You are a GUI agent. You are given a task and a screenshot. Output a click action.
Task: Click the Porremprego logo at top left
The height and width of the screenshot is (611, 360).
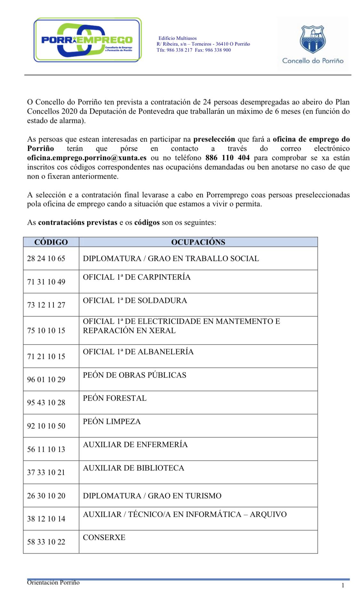(x=87, y=40)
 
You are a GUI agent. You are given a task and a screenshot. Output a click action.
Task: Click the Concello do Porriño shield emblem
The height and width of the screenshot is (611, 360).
(x=312, y=40)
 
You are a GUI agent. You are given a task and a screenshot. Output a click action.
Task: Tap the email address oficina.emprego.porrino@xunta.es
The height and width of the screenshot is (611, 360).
(x=87, y=158)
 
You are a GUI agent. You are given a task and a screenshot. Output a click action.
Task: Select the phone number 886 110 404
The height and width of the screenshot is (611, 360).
(x=227, y=158)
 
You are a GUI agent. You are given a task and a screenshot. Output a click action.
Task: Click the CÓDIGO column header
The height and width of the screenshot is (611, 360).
(x=51, y=242)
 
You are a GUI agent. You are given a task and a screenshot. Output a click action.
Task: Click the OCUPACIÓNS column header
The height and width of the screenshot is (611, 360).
(x=198, y=242)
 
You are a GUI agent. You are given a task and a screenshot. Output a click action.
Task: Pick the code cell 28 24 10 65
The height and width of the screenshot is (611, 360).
(x=46, y=258)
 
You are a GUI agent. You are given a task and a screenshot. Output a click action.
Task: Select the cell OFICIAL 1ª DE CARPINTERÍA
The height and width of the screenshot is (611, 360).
(x=137, y=277)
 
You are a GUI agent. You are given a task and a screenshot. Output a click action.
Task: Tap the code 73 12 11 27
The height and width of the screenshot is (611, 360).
(x=46, y=305)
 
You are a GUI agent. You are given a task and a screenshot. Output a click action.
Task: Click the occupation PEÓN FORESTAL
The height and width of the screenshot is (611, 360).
(x=115, y=398)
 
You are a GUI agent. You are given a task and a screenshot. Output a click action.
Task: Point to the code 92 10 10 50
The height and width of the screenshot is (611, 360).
(x=46, y=426)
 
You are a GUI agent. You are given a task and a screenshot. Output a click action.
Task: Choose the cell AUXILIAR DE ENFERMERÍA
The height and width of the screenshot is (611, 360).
(x=135, y=444)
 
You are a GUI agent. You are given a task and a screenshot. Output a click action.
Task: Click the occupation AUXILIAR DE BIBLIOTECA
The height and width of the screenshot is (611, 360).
(x=133, y=468)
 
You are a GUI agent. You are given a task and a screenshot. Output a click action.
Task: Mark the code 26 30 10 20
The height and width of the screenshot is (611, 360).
(x=46, y=496)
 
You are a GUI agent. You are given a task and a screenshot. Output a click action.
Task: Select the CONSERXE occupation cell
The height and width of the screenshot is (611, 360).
(x=104, y=537)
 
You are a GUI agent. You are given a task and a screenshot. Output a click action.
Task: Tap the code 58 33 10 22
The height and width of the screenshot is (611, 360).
(x=46, y=542)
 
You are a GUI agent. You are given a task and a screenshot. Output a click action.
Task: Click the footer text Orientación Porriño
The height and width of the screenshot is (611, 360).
(x=53, y=582)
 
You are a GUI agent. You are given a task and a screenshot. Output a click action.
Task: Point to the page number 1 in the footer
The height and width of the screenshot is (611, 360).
(x=343, y=586)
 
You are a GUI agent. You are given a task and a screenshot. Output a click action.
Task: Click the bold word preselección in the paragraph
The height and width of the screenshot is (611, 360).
(x=214, y=139)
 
